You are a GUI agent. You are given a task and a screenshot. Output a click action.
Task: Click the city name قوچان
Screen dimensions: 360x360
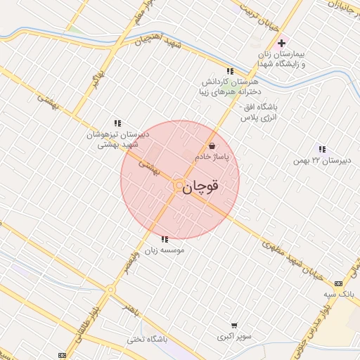click(x=205, y=186)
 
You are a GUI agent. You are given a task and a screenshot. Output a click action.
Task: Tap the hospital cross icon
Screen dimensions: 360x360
click(x=282, y=44)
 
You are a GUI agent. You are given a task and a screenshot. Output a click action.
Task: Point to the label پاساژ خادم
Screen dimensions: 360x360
click(x=221, y=159)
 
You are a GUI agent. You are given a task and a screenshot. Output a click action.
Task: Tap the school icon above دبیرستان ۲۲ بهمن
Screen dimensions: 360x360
click(x=322, y=149)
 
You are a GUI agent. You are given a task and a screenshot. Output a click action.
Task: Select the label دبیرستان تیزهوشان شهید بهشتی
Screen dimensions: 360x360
click(x=117, y=139)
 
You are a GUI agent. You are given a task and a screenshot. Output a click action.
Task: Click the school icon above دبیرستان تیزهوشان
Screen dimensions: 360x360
click(x=117, y=123)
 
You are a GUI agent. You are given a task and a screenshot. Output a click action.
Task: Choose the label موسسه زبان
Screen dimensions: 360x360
click(x=162, y=250)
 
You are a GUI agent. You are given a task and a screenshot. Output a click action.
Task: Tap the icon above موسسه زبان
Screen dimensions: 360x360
click(x=165, y=239)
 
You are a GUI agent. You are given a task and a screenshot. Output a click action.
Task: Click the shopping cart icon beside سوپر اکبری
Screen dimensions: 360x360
click(x=234, y=326)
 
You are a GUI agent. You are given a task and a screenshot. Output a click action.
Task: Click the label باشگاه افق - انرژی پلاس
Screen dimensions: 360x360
click(x=259, y=113)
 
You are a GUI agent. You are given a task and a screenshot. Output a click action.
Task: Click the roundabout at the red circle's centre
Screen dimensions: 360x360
click(x=179, y=185)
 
